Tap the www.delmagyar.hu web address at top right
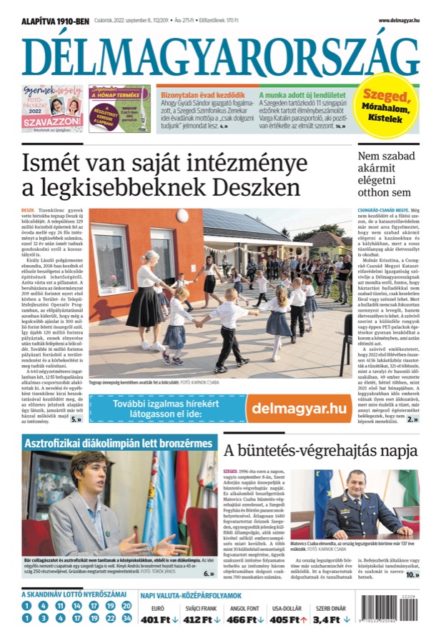tap(398, 21)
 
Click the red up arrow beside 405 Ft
tap(304, 620)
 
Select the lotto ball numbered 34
tap(127, 618)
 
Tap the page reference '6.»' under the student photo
tap(209, 573)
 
